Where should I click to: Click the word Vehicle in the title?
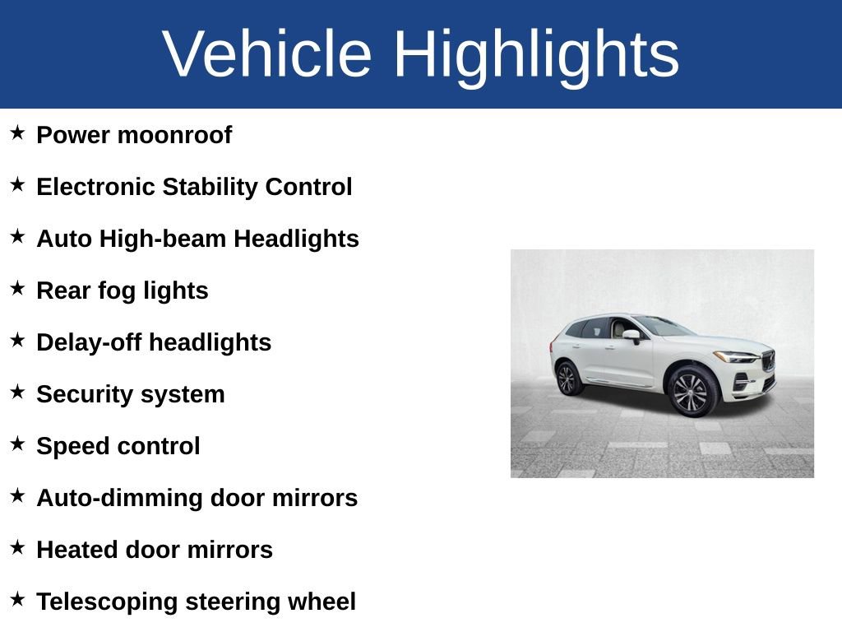point(267,54)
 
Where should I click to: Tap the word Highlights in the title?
point(535,54)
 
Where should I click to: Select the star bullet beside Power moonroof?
point(17,132)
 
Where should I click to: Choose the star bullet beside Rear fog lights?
point(17,288)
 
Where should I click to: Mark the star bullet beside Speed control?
point(17,444)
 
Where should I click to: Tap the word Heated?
point(76,550)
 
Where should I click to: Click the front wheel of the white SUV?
point(692,392)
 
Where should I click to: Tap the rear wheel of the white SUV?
point(567,378)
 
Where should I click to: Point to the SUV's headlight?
point(736,357)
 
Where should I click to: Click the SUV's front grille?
point(769,360)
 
